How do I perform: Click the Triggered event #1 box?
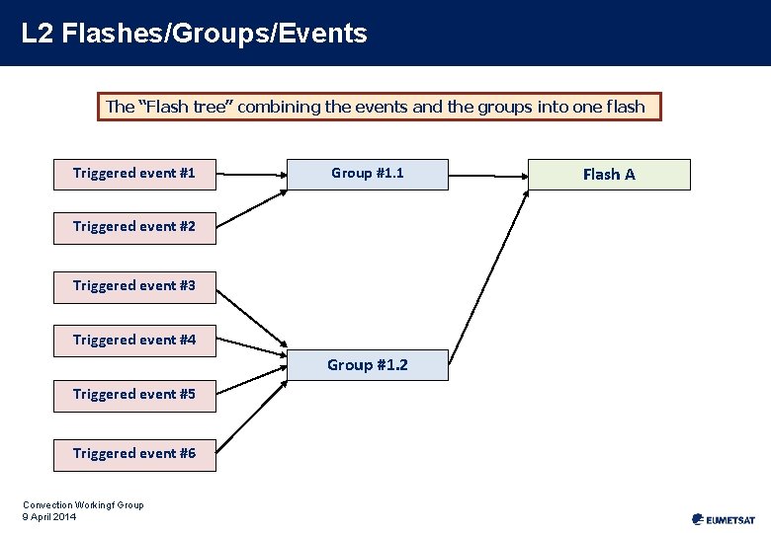click(134, 174)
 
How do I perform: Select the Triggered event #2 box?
click(134, 227)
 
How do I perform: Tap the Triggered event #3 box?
click(134, 286)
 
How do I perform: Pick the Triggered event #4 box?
click(134, 341)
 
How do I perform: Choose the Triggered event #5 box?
click(134, 395)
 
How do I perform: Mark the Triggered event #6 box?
click(134, 454)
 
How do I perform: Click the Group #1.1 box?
click(367, 174)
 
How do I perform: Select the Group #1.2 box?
click(367, 365)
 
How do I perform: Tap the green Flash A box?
click(608, 175)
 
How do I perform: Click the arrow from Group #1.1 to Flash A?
click(487, 175)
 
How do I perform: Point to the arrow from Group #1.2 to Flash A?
click(489, 266)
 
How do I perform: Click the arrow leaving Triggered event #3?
click(250, 319)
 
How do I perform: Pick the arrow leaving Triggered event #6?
click(250, 413)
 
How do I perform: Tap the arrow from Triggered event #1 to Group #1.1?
click(250, 175)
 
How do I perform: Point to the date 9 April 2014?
click(48, 516)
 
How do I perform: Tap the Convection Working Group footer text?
click(83, 505)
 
